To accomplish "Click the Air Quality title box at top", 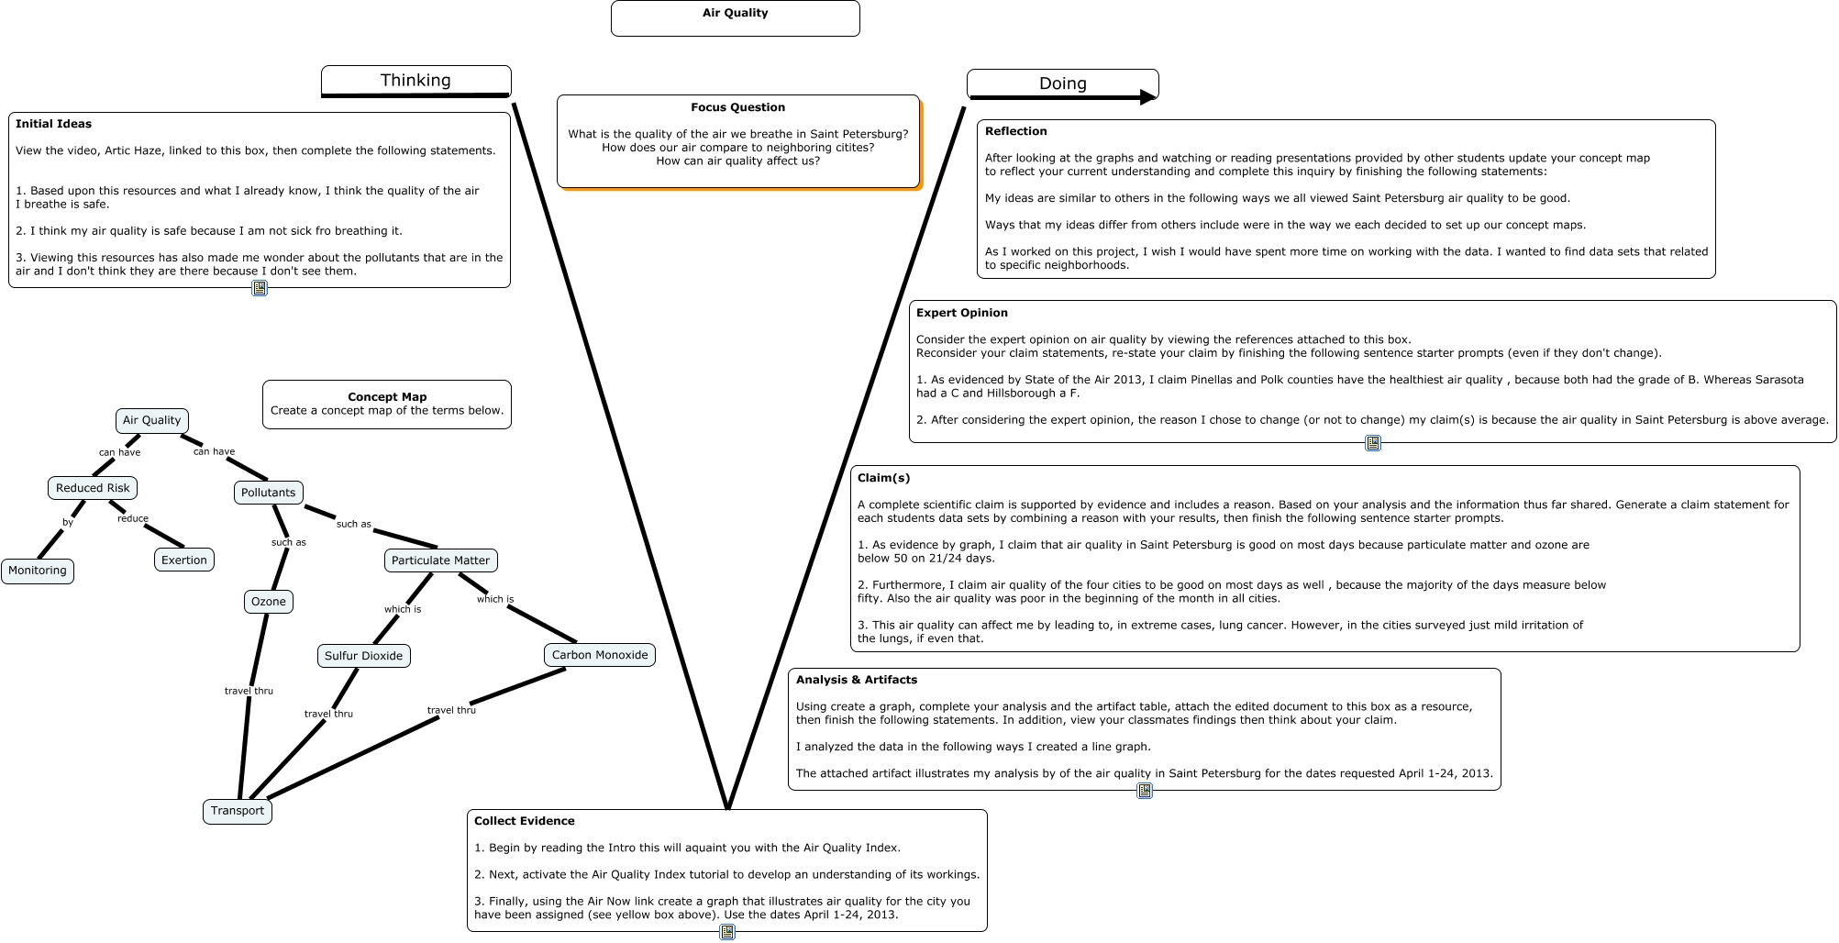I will (x=735, y=17).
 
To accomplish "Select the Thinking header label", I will (x=415, y=80).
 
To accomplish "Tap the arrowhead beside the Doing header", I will (x=1147, y=97).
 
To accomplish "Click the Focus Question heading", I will (x=737, y=107).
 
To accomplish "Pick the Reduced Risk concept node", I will (x=93, y=488).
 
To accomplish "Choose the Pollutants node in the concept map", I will (x=268, y=493).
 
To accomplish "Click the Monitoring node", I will (x=38, y=571).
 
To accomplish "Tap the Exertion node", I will (x=184, y=560).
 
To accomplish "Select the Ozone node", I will (x=269, y=602).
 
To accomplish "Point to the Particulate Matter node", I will (x=440, y=560).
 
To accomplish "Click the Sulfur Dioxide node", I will (x=363, y=656).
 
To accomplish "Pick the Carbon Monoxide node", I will (x=600, y=655).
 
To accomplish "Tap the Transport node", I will (x=237, y=811).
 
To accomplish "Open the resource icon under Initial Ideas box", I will (x=260, y=288).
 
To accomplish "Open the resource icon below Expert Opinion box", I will (x=1372, y=443).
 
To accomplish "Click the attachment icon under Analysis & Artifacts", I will (x=1144, y=791).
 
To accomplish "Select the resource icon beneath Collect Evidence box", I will (x=726, y=932).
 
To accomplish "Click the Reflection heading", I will (x=1015, y=131).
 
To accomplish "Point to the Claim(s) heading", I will (x=883, y=478).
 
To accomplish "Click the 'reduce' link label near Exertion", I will (x=133, y=519).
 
